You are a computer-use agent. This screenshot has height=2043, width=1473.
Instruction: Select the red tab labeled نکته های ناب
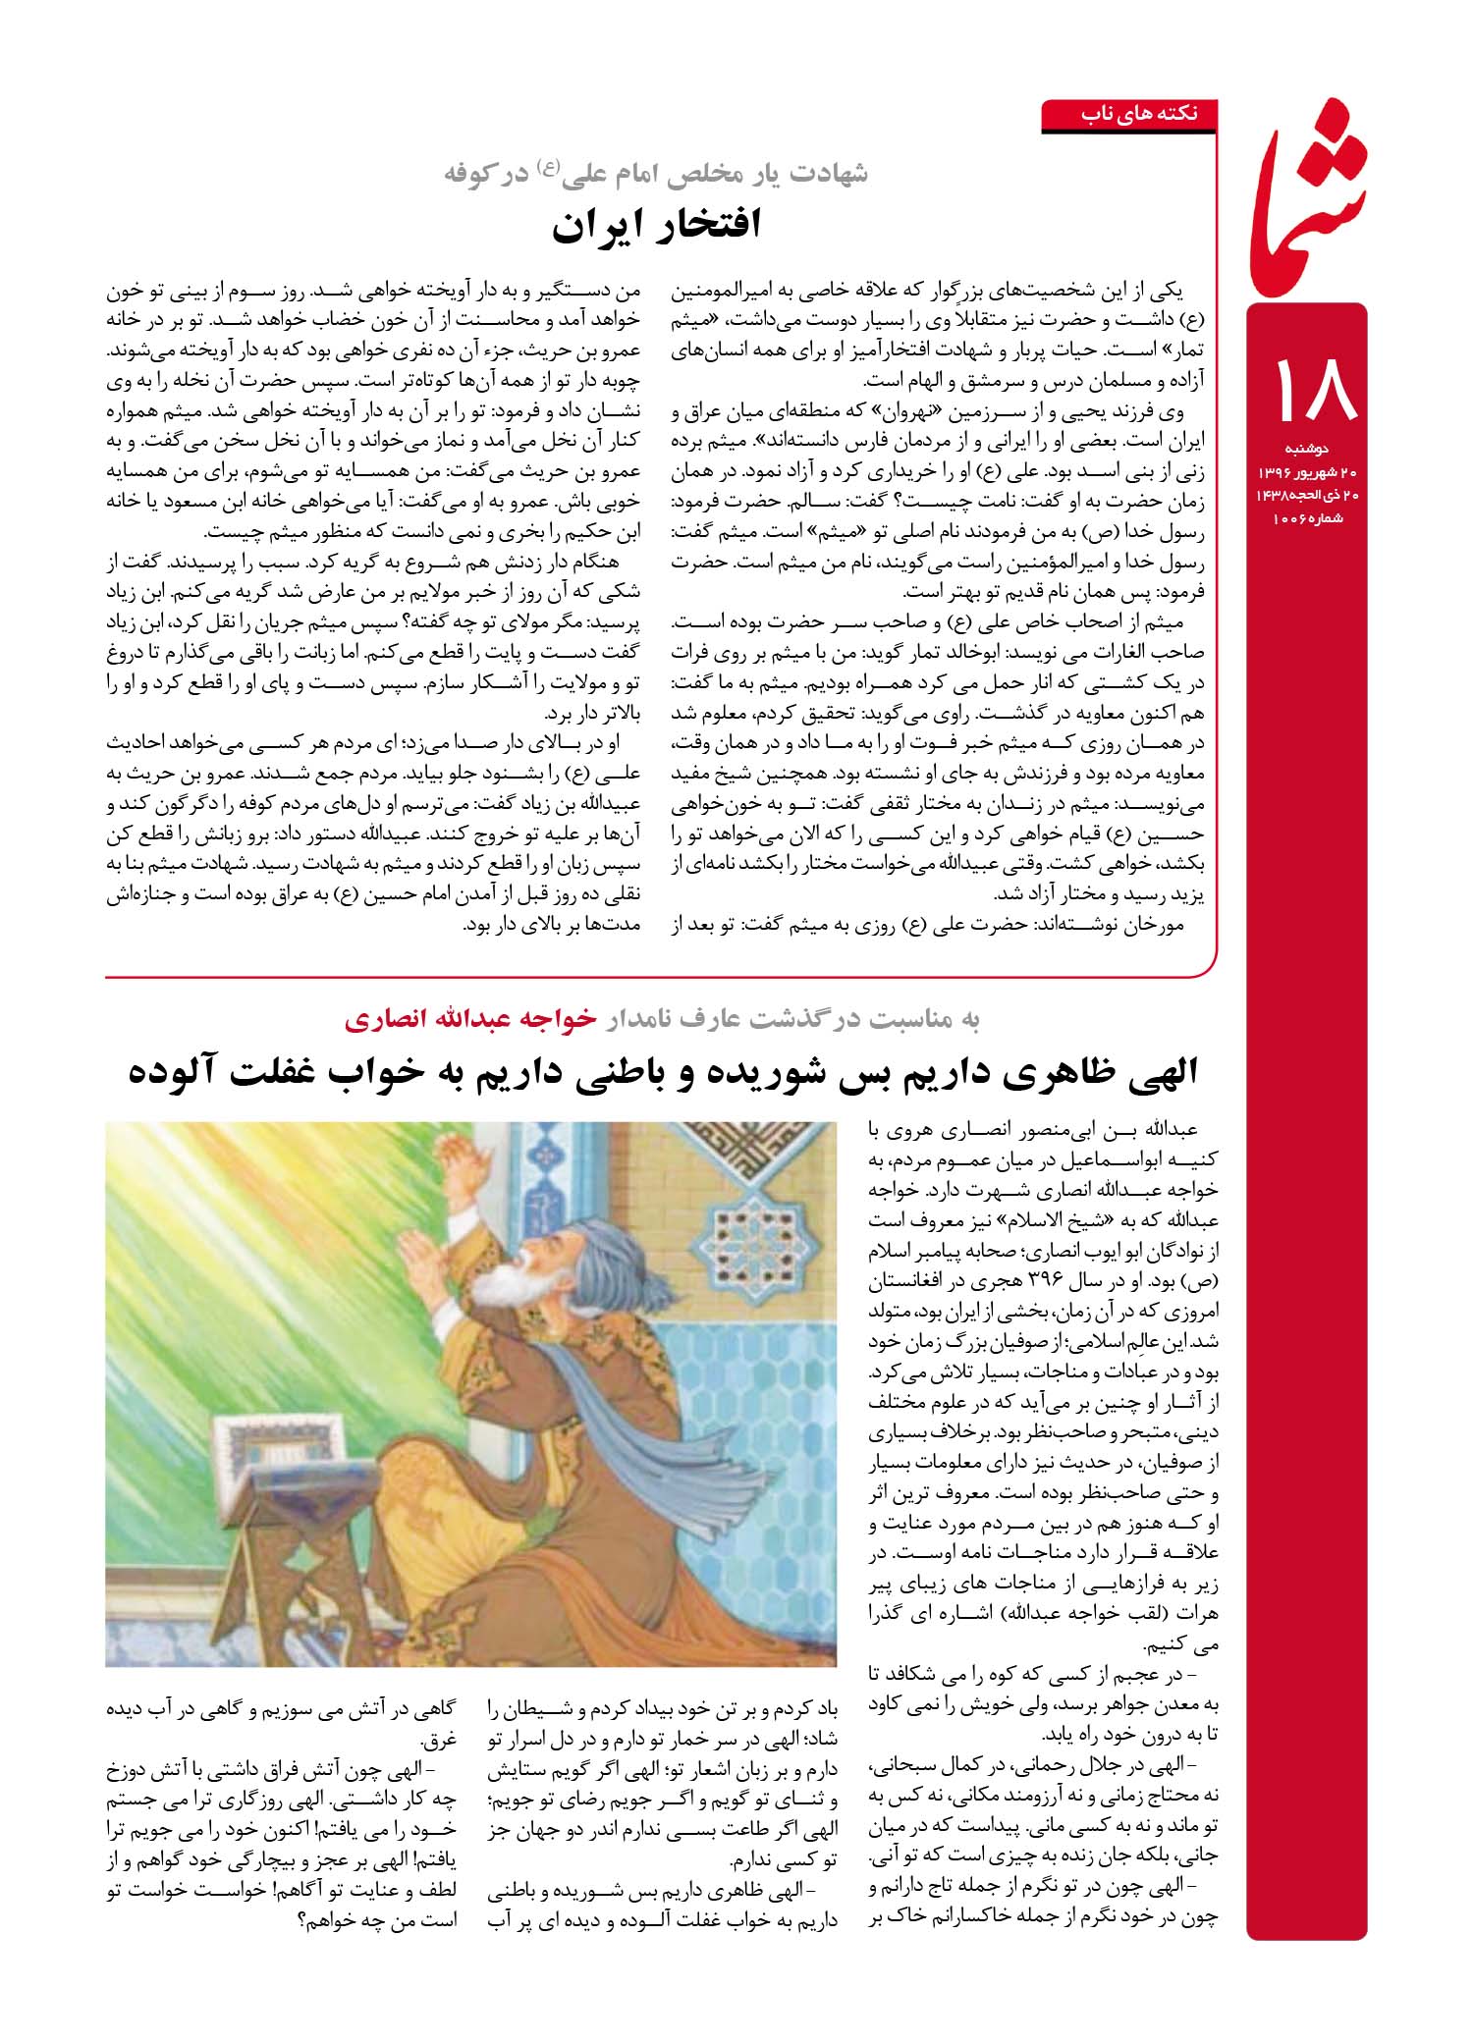coord(1139,114)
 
